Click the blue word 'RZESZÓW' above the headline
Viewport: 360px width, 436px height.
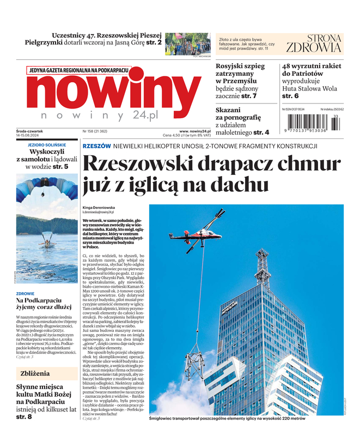(97, 146)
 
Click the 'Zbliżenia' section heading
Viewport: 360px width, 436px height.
(35, 373)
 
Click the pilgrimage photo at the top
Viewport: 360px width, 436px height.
(187, 44)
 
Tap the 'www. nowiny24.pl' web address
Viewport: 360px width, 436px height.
(195, 131)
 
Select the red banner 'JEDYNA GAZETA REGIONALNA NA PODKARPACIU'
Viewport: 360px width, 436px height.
(78, 70)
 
